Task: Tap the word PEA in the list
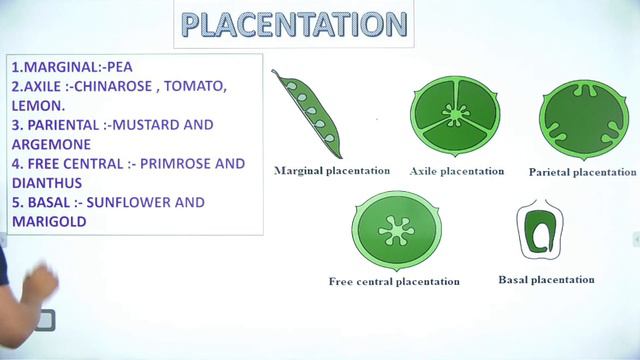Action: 117,67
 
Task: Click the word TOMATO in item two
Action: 197,86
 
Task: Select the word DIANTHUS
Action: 47,182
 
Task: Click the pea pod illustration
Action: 308,106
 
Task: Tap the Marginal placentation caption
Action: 331,171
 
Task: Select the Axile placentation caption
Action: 457,171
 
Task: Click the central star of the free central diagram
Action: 397,231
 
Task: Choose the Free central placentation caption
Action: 394,282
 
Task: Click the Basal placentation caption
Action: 546,280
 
